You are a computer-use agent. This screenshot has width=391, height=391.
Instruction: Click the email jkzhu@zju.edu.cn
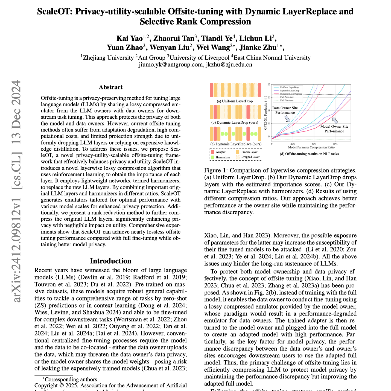(229, 65)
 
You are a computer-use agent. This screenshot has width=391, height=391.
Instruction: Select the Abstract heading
(110, 87)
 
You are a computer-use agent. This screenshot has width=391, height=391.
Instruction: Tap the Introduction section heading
(110, 261)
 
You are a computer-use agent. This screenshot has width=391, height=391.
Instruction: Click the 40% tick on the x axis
(314, 144)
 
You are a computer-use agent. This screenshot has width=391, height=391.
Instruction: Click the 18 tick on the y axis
(269, 110)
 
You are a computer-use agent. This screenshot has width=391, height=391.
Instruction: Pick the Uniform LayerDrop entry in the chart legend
(289, 87)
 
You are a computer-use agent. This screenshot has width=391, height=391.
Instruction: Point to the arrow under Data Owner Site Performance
(287, 118)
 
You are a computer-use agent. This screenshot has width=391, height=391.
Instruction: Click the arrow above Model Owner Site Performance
(335, 120)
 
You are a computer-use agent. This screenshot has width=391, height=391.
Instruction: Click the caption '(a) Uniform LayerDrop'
(235, 101)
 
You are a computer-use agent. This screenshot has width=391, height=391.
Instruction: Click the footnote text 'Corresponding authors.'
(71, 379)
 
